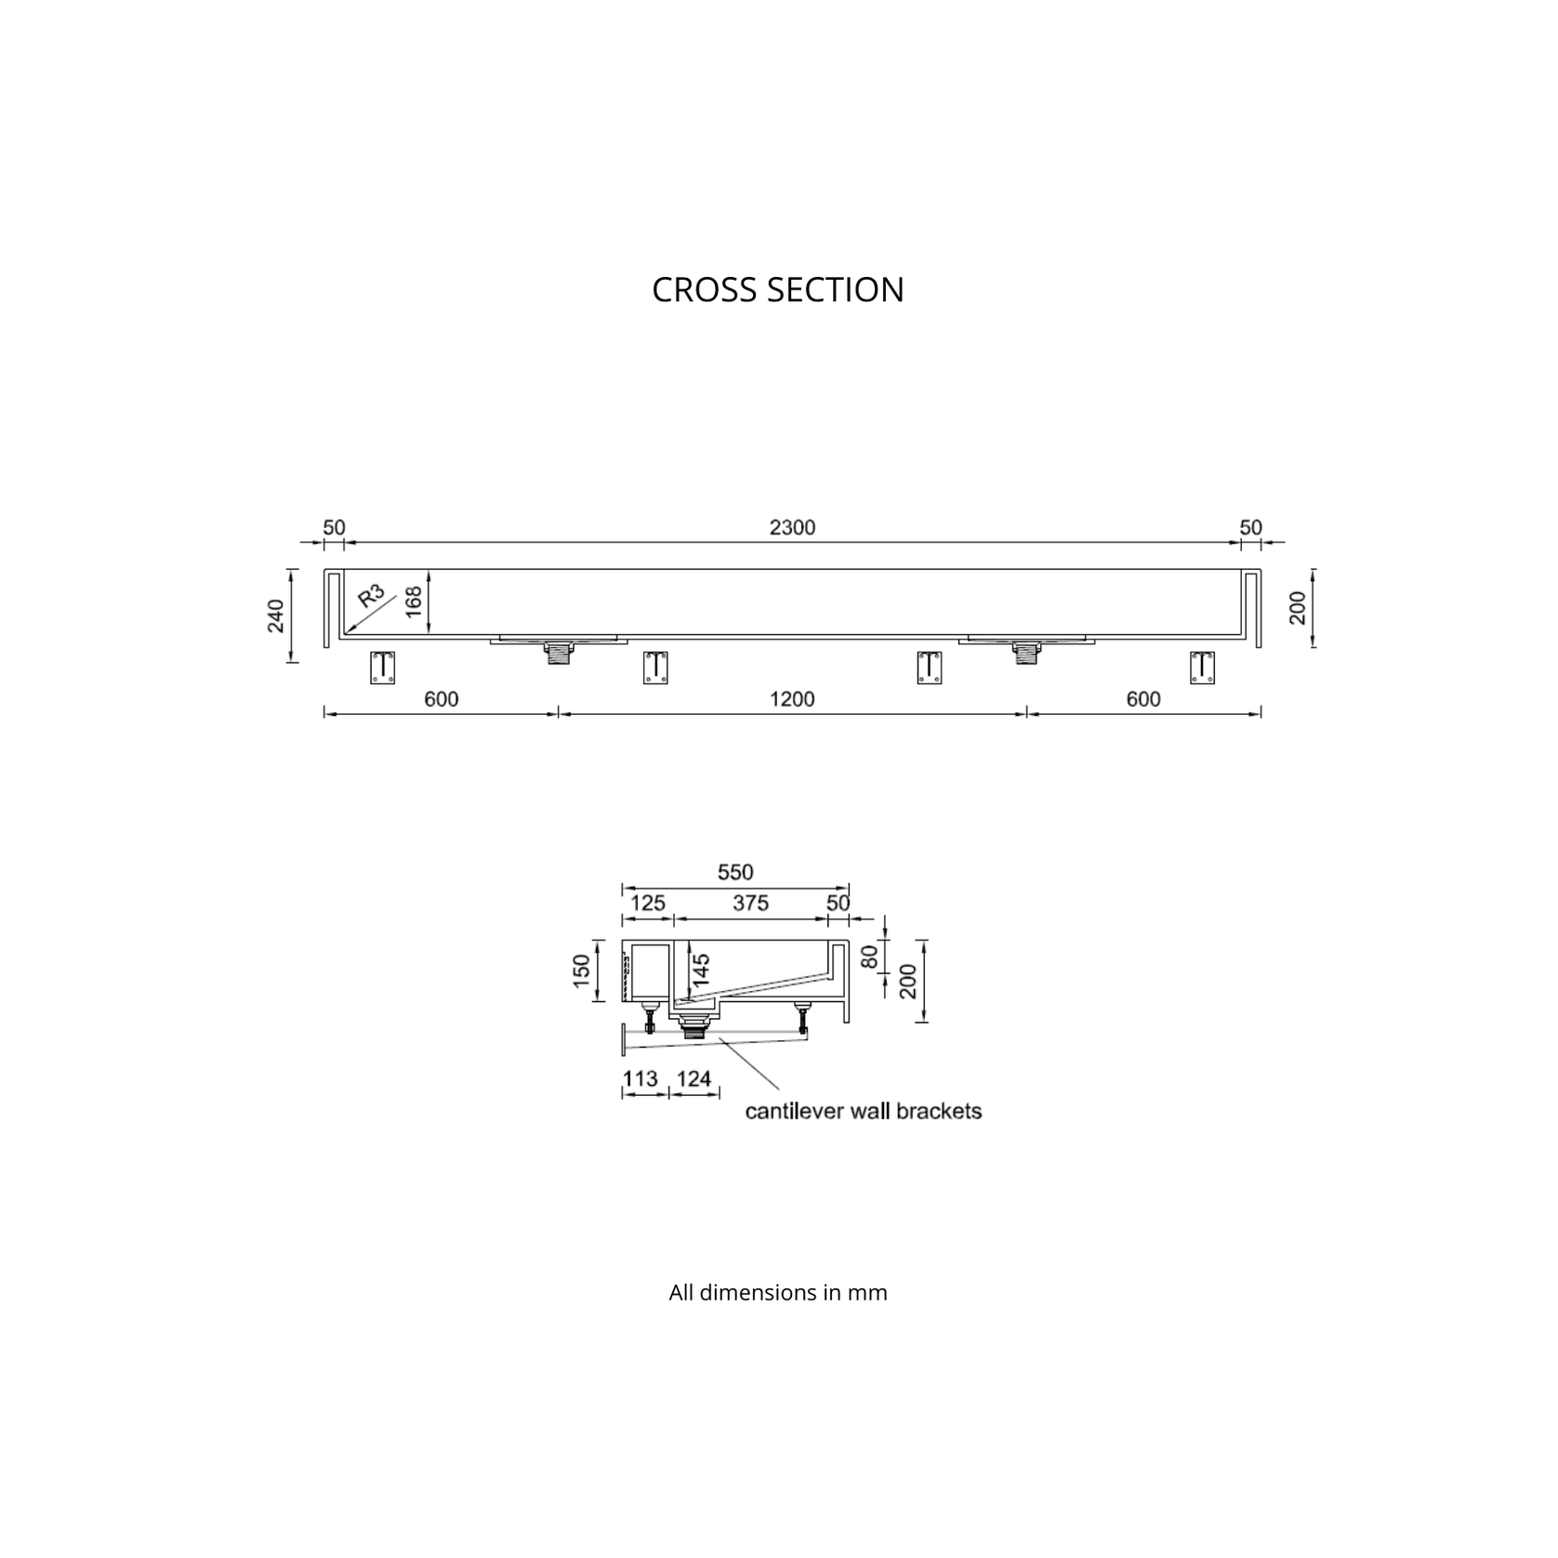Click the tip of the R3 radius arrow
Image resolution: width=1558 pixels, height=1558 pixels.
tap(346, 631)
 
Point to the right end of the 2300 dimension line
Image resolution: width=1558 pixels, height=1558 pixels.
tap(1244, 542)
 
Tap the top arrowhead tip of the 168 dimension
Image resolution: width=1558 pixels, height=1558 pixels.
tap(429, 570)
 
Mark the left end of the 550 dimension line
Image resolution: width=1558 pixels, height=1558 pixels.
tap(623, 889)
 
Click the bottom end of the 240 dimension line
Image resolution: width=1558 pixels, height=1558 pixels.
tap(293, 662)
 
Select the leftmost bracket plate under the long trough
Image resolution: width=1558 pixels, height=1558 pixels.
tap(383, 667)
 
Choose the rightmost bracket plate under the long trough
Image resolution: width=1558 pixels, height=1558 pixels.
tap(1203, 667)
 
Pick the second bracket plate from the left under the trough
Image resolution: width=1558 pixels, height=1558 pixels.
tap(655, 667)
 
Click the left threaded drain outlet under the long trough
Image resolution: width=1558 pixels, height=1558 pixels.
tap(558, 654)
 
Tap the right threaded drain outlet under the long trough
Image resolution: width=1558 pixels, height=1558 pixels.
tap(1026, 654)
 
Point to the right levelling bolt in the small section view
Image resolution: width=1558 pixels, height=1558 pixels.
tap(801, 1019)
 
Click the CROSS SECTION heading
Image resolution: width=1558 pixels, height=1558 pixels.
tap(778, 290)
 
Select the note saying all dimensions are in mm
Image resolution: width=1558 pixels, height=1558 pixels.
tap(778, 1292)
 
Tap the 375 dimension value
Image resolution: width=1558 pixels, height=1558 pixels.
tap(750, 903)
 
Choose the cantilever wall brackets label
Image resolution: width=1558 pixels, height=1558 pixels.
tap(864, 1111)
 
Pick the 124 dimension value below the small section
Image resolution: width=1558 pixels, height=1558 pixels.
tap(694, 1078)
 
